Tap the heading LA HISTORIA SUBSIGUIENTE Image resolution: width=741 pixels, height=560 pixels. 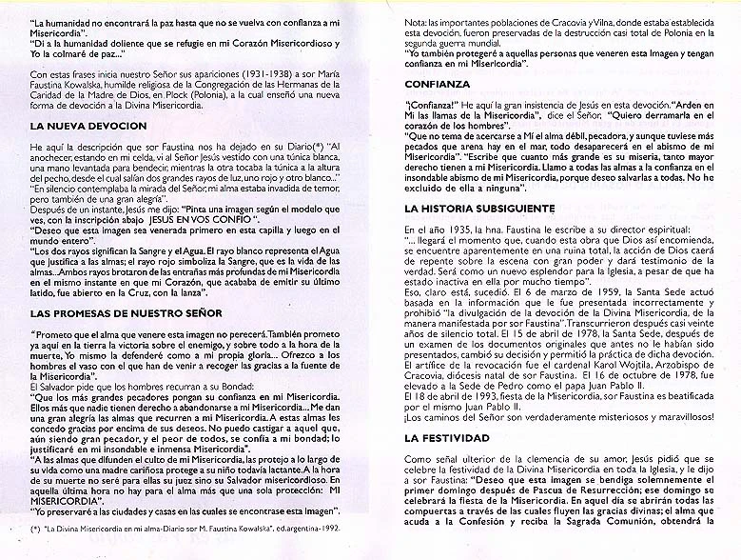pos(479,208)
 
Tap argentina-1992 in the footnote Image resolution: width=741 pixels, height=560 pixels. pos(312,551)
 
